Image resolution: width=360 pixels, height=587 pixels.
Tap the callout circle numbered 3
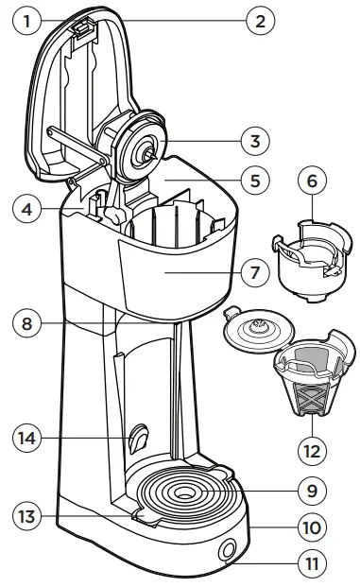pos(250,143)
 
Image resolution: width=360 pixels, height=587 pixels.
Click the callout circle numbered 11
pos(311,564)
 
